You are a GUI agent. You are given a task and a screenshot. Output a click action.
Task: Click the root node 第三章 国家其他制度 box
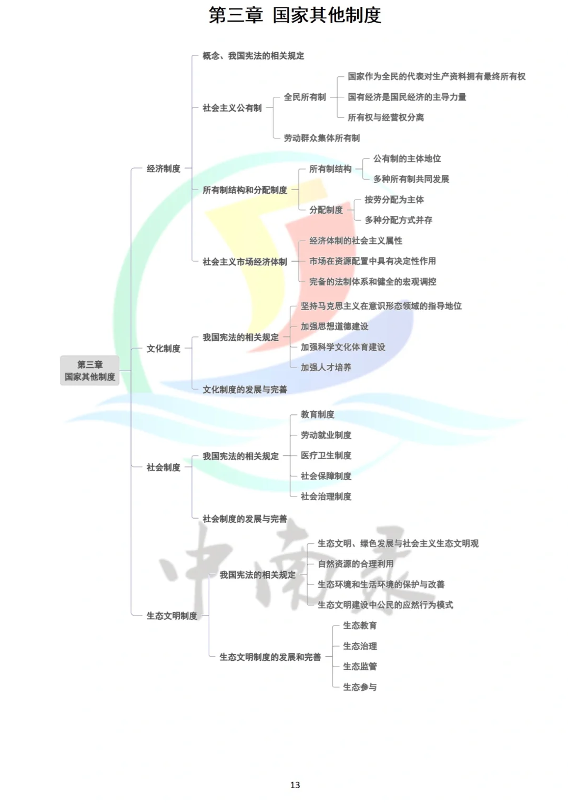(89, 370)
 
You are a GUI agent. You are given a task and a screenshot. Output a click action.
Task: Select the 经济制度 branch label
(163, 168)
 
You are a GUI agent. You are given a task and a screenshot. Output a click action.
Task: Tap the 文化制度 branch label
(163, 349)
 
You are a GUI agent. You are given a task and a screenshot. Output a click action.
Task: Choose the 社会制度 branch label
(163, 467)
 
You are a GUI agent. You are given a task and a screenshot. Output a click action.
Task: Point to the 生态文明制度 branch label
(171, 616)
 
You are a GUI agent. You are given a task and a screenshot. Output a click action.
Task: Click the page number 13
(295, 785)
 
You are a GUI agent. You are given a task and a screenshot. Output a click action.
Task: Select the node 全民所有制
(305, 97)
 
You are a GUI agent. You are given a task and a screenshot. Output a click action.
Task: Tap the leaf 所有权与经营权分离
(386, 117)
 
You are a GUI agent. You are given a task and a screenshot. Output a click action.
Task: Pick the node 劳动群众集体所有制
(321, 138)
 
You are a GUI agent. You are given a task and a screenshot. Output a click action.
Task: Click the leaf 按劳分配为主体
(394, 200)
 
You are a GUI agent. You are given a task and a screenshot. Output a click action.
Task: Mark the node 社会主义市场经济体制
(245, 262)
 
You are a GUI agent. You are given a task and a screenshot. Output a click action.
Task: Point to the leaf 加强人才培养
(326, 368)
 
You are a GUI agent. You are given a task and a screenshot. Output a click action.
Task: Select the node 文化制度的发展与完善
(245, 390)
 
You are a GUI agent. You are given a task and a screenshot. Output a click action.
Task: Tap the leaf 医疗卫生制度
(326, 455)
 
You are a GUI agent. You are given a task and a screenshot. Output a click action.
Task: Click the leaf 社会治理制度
(326, 497)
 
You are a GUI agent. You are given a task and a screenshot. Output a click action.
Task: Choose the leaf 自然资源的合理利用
(356, 564)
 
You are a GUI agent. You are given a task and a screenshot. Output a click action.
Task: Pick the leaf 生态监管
(360, 667)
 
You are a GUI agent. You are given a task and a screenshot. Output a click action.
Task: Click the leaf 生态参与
(360, 687)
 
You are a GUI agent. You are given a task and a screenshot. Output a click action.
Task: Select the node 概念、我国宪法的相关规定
(253, 56)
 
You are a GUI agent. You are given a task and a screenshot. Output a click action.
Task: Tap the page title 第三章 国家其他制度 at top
(295, 15)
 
